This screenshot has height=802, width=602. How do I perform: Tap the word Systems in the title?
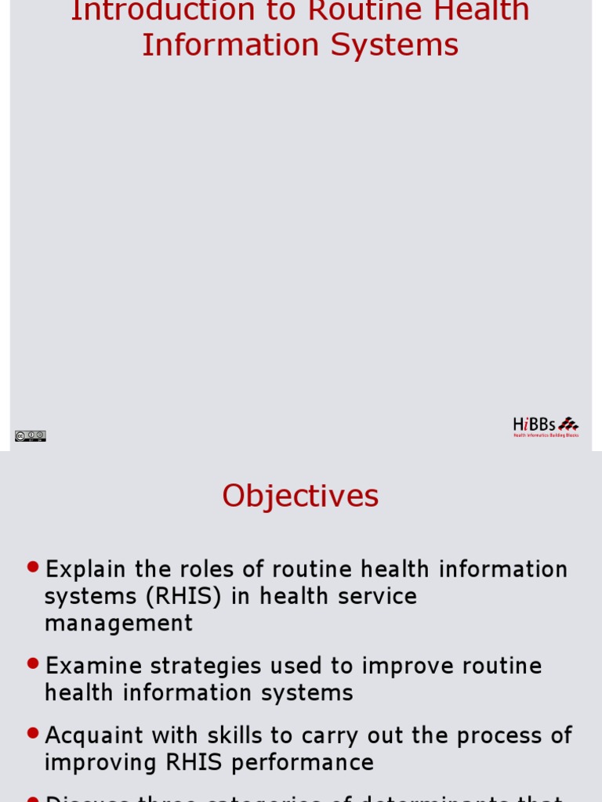tap(394, 45)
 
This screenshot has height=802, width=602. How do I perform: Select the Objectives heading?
tap(300, 496)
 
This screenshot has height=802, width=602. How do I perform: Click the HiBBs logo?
tap(546, 426)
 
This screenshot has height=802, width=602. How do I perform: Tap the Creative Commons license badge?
tap(30, 435)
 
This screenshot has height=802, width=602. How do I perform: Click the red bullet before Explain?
tap(32, 566)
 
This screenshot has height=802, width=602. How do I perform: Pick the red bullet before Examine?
tap(32, 663)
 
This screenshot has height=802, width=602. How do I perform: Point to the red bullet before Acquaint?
tap(32, 732)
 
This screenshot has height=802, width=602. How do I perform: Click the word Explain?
tap(85, 569)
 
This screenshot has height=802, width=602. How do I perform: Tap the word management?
tap(118, 623)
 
